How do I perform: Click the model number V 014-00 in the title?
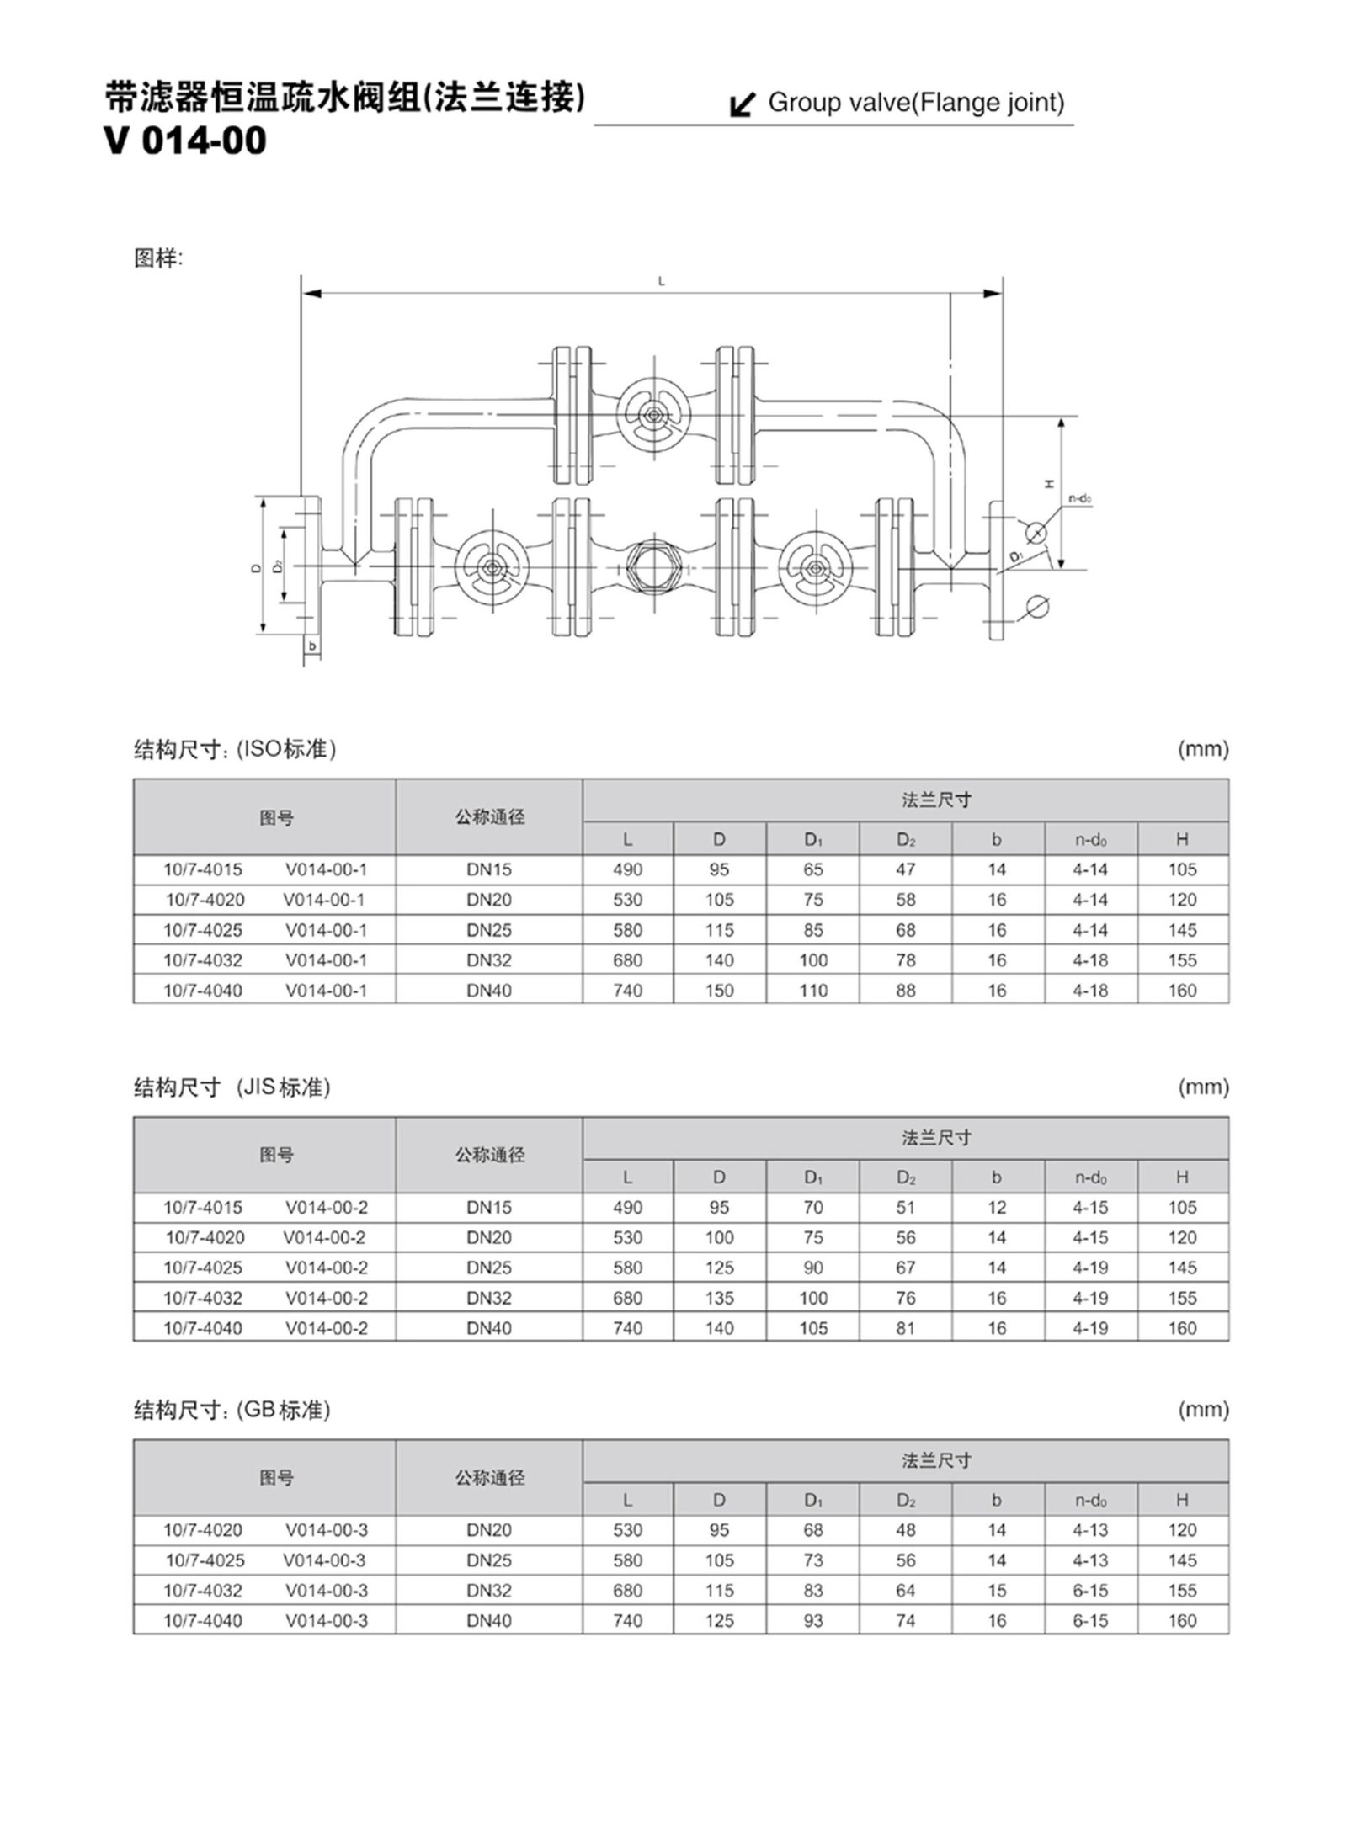[x=185, y=141]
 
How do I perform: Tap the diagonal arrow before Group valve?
[x=742, y=104]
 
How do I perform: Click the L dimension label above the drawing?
[x=661, y=282]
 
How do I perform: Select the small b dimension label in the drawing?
[x=312, y=646]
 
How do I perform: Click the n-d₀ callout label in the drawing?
[x=1080, y=499]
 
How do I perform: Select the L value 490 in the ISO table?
[x=627, y=870]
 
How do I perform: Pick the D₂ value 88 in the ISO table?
[x=905, y=991]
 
